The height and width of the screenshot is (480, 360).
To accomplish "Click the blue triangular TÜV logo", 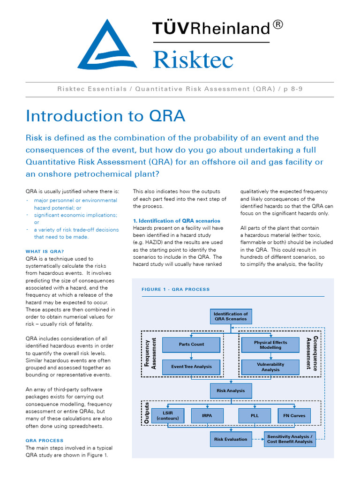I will [x=107, y=47].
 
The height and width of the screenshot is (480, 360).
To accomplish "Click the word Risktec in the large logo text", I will [x=193, y=60].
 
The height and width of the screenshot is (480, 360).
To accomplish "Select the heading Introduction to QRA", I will [x=105, y=116].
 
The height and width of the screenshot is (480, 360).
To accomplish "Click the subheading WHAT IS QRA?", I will [x=45, y=251].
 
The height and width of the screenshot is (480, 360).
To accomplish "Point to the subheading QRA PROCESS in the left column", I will [x=44, y=441].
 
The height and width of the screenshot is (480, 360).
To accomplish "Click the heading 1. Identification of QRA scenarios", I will [x=176, y=220].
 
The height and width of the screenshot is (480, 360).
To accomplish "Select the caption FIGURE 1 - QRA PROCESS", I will [x=175, y=290].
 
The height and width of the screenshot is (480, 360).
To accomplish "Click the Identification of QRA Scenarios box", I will [x=231, y=316].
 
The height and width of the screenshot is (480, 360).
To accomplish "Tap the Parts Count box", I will [x=191, y=345].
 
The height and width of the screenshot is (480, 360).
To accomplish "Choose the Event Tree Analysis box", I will [x=191, y=367].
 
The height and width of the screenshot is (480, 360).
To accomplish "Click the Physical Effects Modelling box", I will [x=270, y=345].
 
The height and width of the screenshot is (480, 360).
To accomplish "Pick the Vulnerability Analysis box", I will [x=270, y=367].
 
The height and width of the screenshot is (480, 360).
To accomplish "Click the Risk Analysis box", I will [x=231, y=390].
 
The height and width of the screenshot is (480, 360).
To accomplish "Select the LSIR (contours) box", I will [x=167, y=415].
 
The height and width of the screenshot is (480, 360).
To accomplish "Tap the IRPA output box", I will [x=207, y=415].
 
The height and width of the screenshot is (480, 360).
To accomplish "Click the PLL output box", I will [x=255, y=415].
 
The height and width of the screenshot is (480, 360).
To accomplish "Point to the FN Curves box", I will [x=294, y=415].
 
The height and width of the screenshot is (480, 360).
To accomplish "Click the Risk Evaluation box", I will [x=231, y=439].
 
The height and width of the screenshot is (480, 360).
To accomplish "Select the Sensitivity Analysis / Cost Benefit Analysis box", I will [x=289, y=439].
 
